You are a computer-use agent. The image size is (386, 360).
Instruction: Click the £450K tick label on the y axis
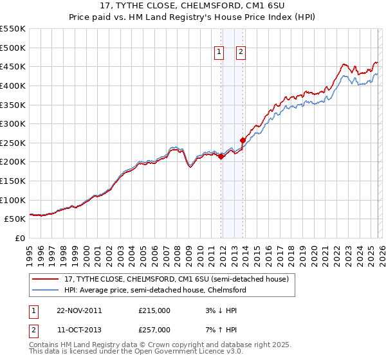13,67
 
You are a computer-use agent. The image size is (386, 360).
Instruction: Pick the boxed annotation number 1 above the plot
219,53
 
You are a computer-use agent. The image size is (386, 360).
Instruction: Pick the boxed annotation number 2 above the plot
241,53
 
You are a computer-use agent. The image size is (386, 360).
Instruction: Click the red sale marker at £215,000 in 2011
221,156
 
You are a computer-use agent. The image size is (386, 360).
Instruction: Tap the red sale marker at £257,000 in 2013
243,140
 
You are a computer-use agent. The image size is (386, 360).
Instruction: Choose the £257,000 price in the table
154,329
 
